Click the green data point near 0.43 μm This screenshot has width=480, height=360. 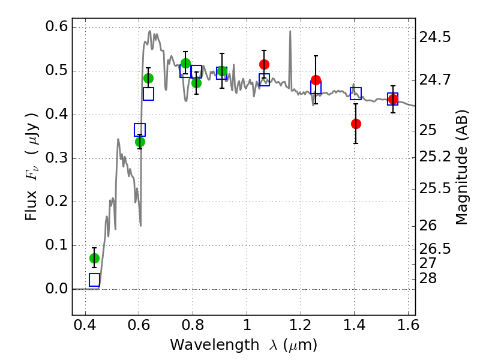click(94, 258)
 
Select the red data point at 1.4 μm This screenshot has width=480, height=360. click(356, 124)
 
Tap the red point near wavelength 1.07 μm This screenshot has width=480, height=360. click(264, 64)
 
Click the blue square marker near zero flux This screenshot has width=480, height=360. click(94, 280)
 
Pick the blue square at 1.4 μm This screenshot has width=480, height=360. click(356, 94)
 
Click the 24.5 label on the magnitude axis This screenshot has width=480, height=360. click(436, 37)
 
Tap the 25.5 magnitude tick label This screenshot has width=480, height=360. click(436, 188)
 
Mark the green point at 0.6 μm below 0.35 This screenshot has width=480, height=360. click(140, 142)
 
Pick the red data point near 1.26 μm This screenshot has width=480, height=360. click(316, 80)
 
